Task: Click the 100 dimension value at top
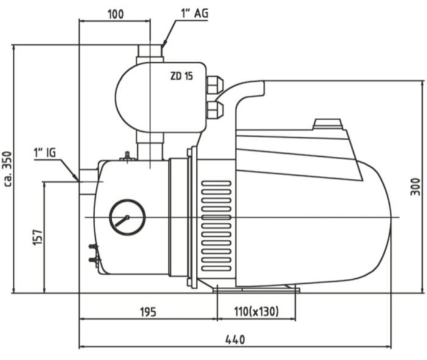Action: point(116,14)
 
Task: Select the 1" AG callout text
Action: point(195,13)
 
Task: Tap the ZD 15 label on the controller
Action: point(182,76)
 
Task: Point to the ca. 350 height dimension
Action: point(8,169)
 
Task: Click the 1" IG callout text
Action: point(45,153)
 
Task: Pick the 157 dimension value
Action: point(38,237)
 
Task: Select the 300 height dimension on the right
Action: point(415,187)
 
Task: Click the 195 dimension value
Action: point(148,312)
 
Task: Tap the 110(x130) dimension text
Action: point(257,311)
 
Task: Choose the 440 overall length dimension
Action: point(235,340)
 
